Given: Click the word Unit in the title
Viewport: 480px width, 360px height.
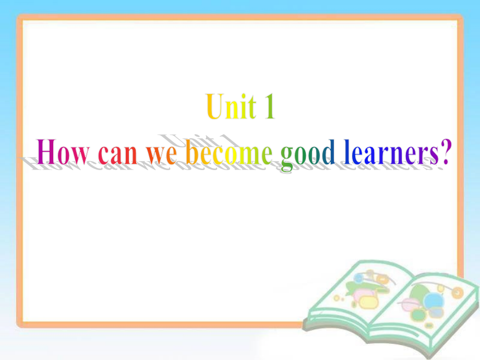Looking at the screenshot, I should pyautogui.click(x=230, y=108).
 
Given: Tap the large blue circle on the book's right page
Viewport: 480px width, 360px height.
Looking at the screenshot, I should pyautogui.click(x=433, y=300).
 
